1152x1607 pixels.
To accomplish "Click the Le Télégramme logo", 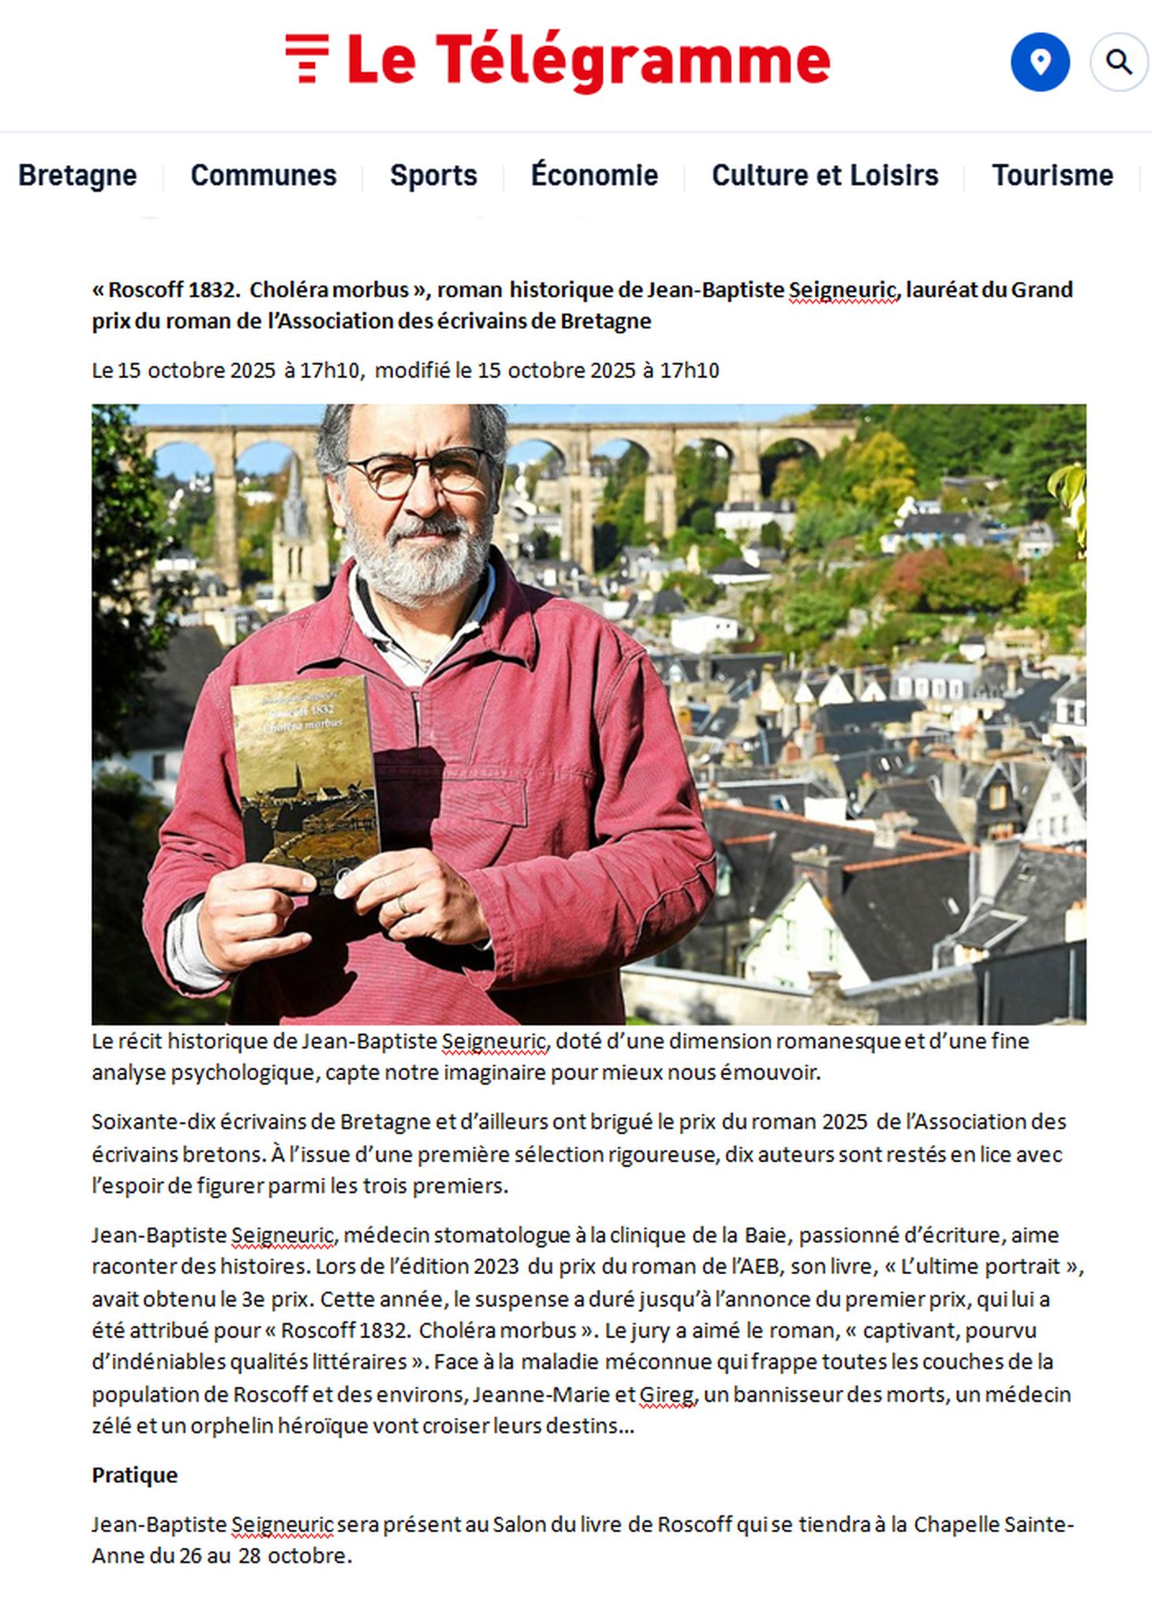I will click(557, 61).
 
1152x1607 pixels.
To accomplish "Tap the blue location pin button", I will click(1040, 62).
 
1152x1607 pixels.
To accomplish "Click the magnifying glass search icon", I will click(1118, 62).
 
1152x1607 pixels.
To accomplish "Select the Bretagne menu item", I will click(77, 175).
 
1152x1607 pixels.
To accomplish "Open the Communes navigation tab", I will click(264, 175).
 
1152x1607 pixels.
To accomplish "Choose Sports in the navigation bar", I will click(433, 175).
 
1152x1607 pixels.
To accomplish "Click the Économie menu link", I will click(594, 175).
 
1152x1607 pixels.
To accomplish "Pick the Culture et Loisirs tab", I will click(825, 175).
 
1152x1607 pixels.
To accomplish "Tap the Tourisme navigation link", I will click(1052, 175).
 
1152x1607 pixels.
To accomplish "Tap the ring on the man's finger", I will click(402, 904).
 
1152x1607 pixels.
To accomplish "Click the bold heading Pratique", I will click(135, 1474).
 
